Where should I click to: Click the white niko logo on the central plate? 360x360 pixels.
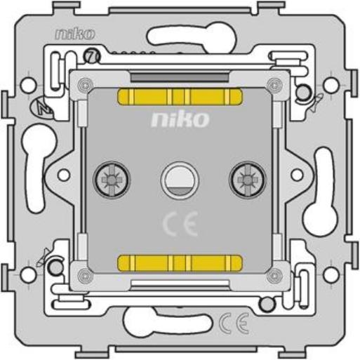(180, 119)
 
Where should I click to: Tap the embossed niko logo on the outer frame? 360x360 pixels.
(75, 34)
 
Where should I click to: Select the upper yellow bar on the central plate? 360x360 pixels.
(180, 97)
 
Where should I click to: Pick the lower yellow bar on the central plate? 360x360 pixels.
(180, 263)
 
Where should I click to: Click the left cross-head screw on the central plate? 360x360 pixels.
(112, 180)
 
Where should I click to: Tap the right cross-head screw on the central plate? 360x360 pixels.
(248, 180)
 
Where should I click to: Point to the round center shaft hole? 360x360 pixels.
(180, 180)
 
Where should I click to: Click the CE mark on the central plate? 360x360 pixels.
(180, 224)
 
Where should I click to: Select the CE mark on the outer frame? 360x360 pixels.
(234, 323)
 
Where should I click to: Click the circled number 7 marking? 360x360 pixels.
(92, 56)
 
